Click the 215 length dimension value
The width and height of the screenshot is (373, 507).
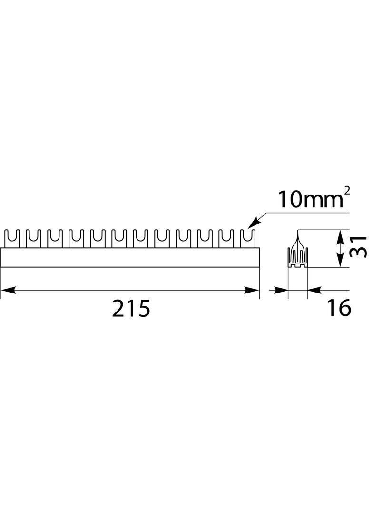pos(131,309)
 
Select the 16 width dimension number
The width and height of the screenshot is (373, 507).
pos(339,308)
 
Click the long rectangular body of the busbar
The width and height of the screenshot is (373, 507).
pos(130,257)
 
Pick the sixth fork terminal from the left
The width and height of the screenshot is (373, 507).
pos(118,238)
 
